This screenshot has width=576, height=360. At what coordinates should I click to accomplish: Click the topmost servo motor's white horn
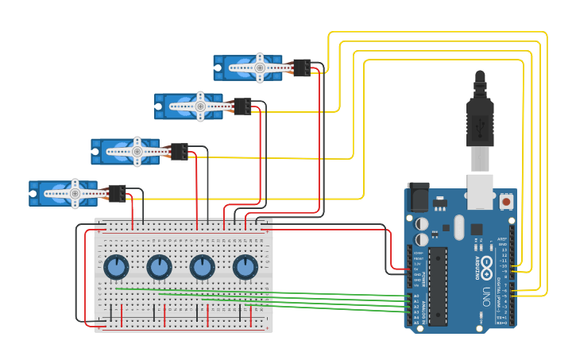click(259, 68)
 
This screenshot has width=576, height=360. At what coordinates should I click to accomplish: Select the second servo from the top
click(189, 106)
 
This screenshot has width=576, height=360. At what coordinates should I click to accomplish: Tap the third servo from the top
click(126, 151)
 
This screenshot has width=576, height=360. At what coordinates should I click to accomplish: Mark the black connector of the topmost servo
click(302, 68)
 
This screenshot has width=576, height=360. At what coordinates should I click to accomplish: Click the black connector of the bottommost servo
click(117, 193)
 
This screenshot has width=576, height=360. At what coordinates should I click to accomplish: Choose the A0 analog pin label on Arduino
click(416, 296)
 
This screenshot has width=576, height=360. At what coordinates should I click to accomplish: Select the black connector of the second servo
click(243, 106)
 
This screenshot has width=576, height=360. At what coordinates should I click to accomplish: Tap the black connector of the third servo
click(180, 151)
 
